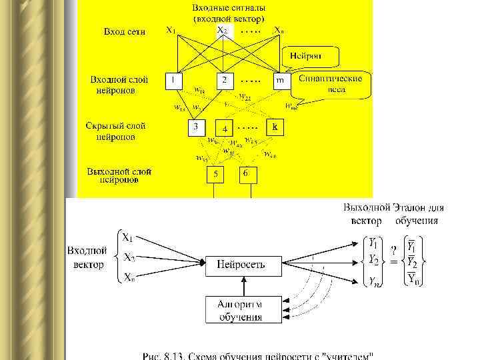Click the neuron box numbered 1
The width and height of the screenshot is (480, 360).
[173, 81]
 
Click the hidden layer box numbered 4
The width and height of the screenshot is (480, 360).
[225, 128]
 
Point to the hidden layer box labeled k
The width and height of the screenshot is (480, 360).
[274, 125]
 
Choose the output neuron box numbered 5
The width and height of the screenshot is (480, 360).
[215, 175]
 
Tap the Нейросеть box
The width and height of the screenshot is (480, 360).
[241, 264]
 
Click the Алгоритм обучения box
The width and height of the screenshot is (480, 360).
[241, 310]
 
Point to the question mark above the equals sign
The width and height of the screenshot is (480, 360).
[395, 250]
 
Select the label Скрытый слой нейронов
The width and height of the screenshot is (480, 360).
[115, 131]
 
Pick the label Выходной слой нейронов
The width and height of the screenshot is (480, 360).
[119, 175]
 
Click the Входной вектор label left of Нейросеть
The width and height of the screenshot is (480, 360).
[87, 258]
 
